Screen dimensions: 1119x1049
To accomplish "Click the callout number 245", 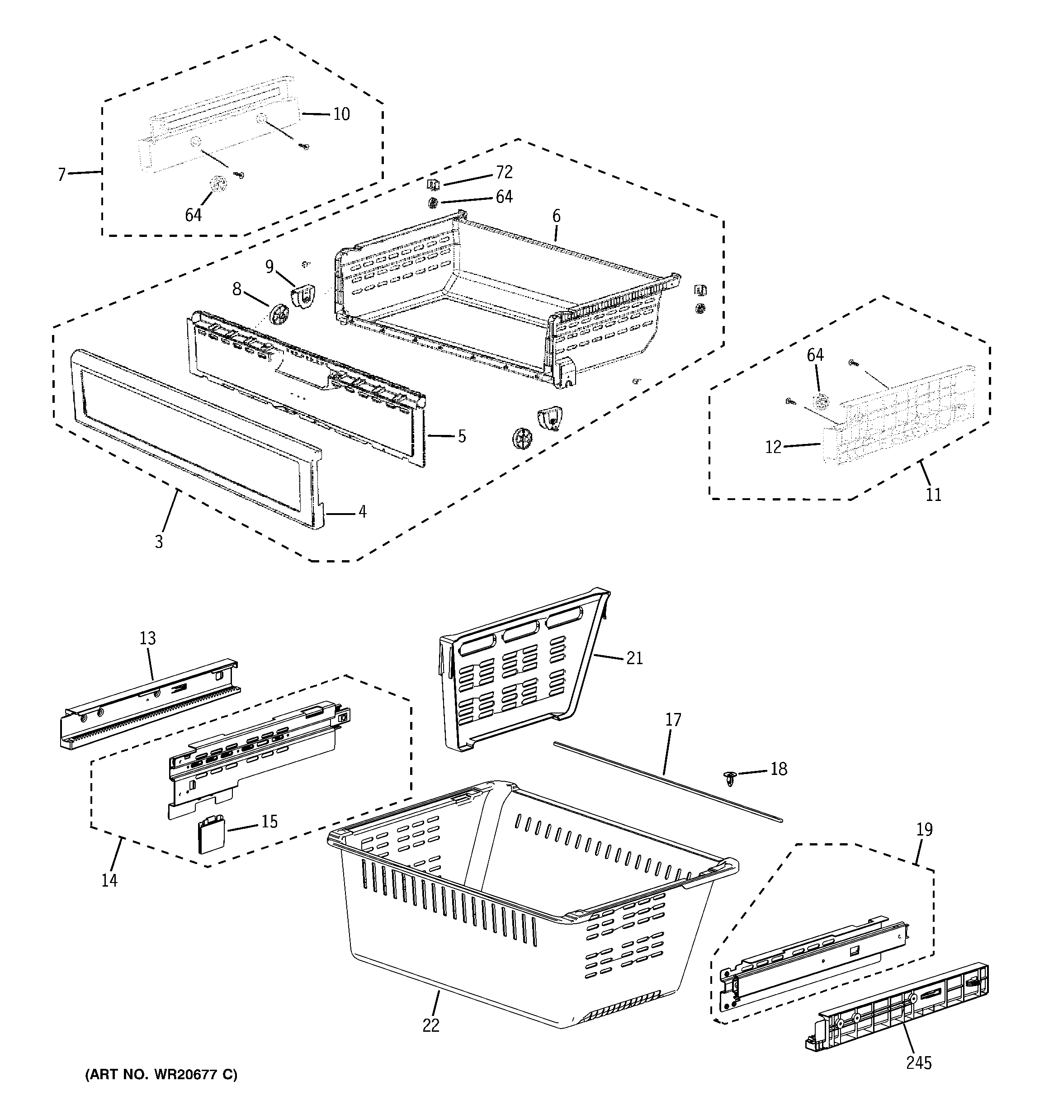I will (919, 1063).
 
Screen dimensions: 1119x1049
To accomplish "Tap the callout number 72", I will (504, 172).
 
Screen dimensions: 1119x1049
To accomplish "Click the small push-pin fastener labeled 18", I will (730, 779).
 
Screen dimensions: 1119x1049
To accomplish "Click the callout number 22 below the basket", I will (431, 1025).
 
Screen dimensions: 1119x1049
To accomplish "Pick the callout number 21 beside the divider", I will (634, 658).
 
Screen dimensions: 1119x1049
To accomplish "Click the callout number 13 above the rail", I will (147, 638).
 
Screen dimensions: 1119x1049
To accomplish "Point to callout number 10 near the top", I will (341, 114).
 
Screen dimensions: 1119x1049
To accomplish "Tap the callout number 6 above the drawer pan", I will (556, 216).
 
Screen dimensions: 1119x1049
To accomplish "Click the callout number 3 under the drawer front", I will (159, 542).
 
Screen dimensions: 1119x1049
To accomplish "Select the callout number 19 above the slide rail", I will (924, 829).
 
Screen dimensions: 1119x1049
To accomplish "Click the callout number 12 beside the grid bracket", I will (773, 447).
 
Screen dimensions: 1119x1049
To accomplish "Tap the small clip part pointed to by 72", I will (432, 184).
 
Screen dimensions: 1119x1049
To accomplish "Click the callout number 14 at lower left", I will (109, 880).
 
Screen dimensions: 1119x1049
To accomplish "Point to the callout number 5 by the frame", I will (462, 436).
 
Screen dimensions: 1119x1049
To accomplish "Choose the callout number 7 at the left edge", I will (62, 175).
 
